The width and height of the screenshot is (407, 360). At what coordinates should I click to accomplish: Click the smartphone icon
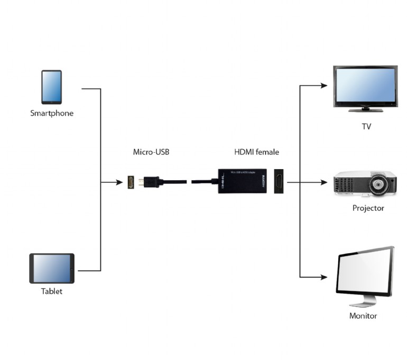point(51,87)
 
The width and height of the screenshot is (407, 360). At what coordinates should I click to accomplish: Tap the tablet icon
point(51,269)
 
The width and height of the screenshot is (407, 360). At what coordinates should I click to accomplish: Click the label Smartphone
point(52,113)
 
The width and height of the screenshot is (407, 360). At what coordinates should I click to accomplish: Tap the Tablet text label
point(52,291)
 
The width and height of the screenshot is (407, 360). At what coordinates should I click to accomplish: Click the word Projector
point(368,208)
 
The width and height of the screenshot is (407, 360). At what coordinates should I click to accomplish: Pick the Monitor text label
point(363,316)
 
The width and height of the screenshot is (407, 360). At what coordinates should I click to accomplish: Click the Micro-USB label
point(151,152)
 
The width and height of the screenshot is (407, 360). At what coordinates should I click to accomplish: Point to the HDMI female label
point(256,152)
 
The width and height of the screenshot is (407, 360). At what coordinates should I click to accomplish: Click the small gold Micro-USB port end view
point(129,182)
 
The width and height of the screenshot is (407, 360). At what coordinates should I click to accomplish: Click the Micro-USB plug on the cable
point(142,182)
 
